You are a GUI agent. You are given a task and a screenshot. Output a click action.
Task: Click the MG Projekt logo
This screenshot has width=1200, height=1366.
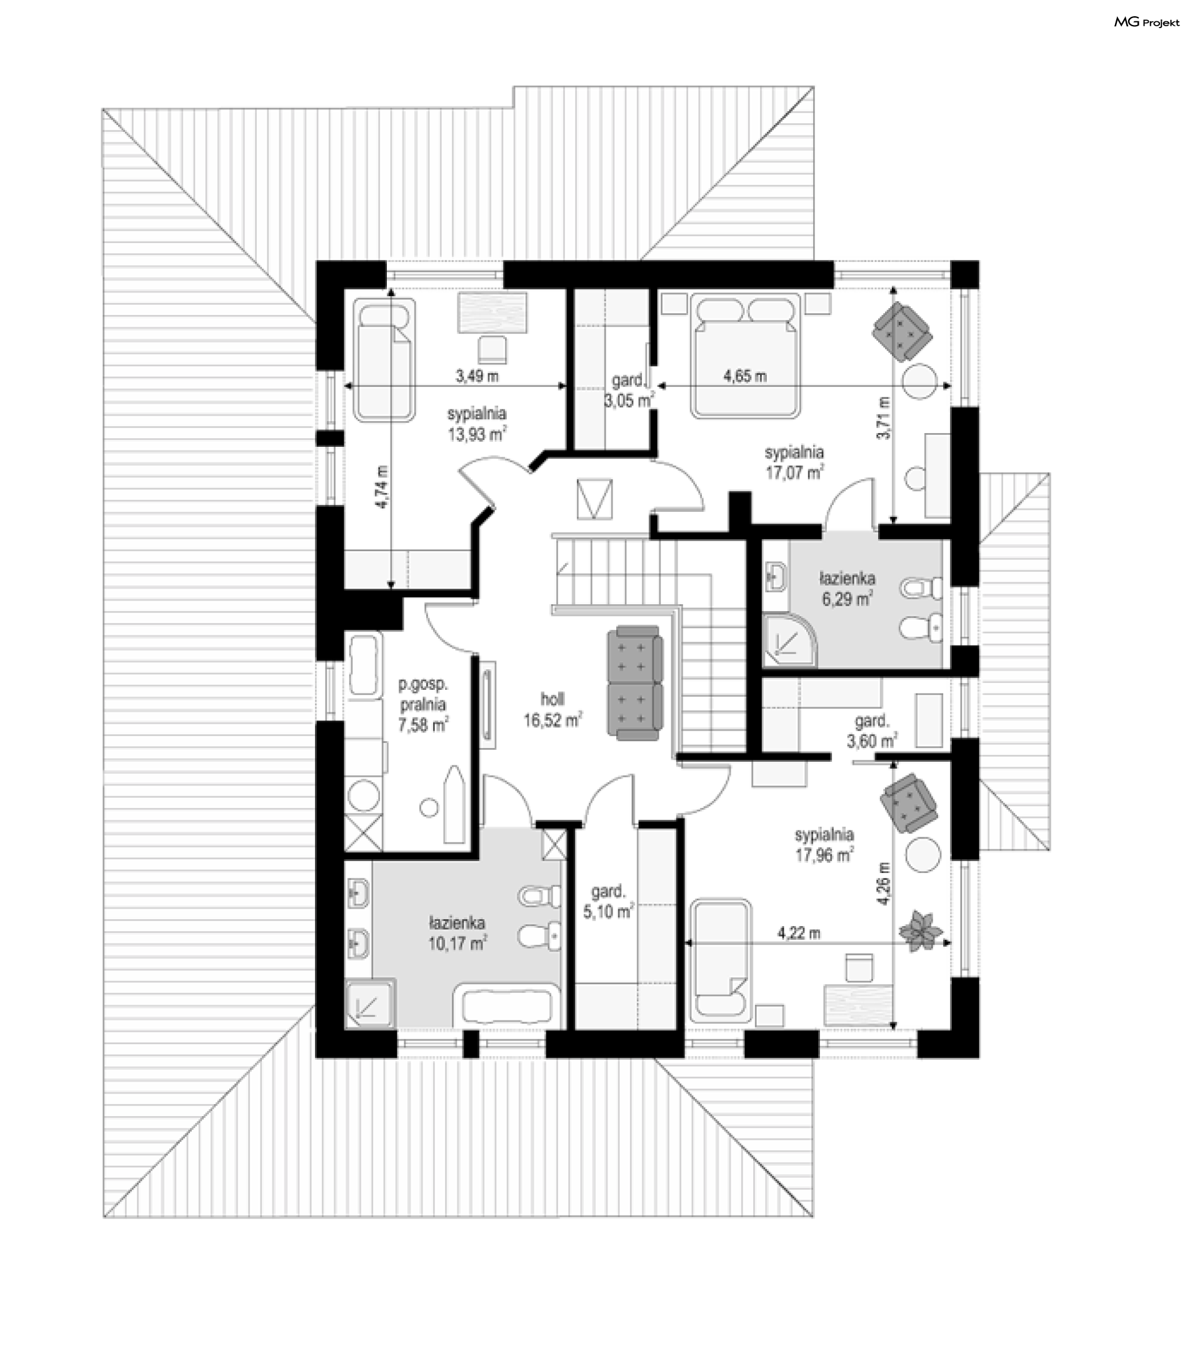pos(1146,22)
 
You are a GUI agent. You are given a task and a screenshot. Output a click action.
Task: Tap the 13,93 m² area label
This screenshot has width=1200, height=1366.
pos(477,434)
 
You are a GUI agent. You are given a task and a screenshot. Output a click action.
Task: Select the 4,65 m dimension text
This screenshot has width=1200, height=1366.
pos(745,376)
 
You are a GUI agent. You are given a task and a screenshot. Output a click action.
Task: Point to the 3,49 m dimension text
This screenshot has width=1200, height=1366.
pos(477,376)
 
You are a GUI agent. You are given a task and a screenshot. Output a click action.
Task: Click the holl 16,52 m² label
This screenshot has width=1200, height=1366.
pos(552,710)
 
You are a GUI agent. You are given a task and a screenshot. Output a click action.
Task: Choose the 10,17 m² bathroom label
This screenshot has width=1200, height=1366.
pos(457,944)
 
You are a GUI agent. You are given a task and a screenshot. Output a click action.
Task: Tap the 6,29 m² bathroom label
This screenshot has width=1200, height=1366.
pos(847,599)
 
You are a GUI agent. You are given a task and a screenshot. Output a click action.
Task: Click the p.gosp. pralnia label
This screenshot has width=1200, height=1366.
pos(422,694)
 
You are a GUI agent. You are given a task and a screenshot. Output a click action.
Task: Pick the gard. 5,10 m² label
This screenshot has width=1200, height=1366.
pos(607,902)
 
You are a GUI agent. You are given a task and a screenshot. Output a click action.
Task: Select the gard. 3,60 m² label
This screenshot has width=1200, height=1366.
pos(872,731)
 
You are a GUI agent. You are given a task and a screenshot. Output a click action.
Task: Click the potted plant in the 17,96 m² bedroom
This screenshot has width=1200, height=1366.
pos(921,930)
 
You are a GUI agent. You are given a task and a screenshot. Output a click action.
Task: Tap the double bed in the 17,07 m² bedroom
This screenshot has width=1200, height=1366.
pos(746,357)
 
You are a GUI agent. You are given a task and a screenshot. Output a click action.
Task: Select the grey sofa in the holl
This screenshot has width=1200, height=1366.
pos(634,683)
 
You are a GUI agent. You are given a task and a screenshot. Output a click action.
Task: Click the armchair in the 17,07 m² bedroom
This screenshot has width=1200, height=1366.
pos(902,332)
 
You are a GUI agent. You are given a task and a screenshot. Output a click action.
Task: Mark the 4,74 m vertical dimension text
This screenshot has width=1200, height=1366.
pos(382,487)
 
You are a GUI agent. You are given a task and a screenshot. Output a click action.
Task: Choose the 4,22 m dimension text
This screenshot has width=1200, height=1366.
pos(799,933)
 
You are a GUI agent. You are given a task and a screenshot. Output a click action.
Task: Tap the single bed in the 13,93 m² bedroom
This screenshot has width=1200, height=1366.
pos(384,359)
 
